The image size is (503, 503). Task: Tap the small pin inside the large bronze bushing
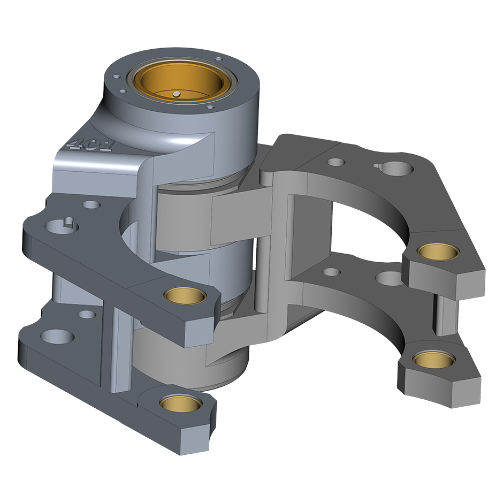tap(176, 94)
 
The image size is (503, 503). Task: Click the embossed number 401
tap(90, 146)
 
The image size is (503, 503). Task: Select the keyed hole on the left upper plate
tap(62, 225)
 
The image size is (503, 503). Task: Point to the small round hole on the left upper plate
tap(92, 204)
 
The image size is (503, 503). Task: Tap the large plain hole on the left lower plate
tap(58, 337)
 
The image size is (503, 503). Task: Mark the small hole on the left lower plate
tap(87, 314)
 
